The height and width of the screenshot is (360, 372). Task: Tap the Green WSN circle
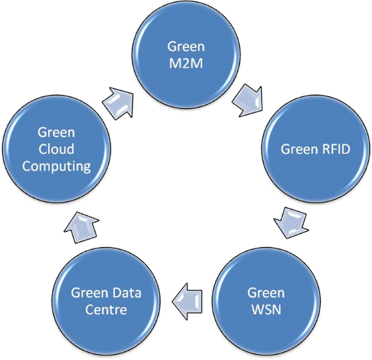click(x=266, y=301)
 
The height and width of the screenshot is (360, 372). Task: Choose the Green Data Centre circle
click(x=107, y=301)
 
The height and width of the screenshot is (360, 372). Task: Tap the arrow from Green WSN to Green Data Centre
click(x=187, y=300)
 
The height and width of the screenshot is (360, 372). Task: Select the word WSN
click(x=266, y=310)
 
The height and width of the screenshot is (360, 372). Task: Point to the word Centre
click(x=107, y=310)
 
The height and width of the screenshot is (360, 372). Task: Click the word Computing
click(x=56, y=166)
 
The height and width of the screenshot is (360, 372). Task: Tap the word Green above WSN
click(x=266, y=293)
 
